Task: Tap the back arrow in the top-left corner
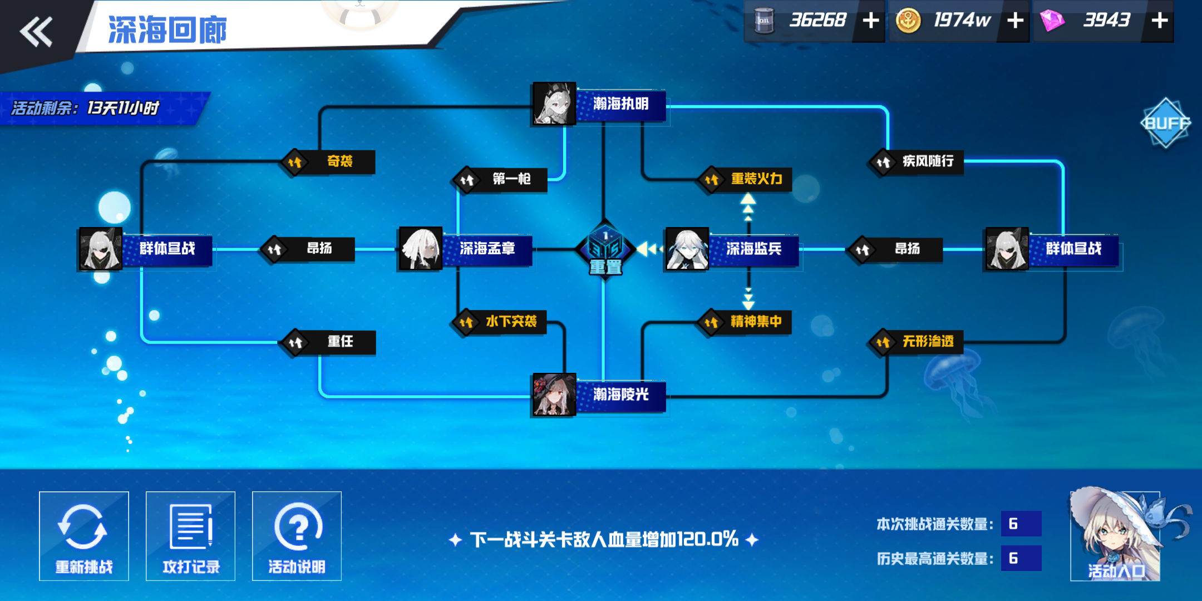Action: tap(36, 31)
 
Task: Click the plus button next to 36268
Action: tap(870, 21)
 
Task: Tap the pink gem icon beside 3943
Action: tap(1052, 21)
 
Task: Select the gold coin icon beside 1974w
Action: tap(908, 21)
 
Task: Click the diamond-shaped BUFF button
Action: tap(1165, 123)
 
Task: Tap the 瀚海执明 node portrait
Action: tap(554, 104)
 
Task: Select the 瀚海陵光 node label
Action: tap(621, 395)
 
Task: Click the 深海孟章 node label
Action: tap(487, 249)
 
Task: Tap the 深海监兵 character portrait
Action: tap(687, 249)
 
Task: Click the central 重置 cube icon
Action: tap(605, 250)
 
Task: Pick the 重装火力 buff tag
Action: tap(745, 179)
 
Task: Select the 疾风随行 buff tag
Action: tap(917, 162)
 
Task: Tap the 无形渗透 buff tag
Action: tap(917, 342)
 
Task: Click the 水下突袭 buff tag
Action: tap(500, 322)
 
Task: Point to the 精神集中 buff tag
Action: tap(745, 322)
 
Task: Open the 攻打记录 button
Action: tap(190, 536)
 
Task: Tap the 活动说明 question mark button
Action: tap(297, 536)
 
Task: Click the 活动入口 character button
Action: tap(1115, 535)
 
